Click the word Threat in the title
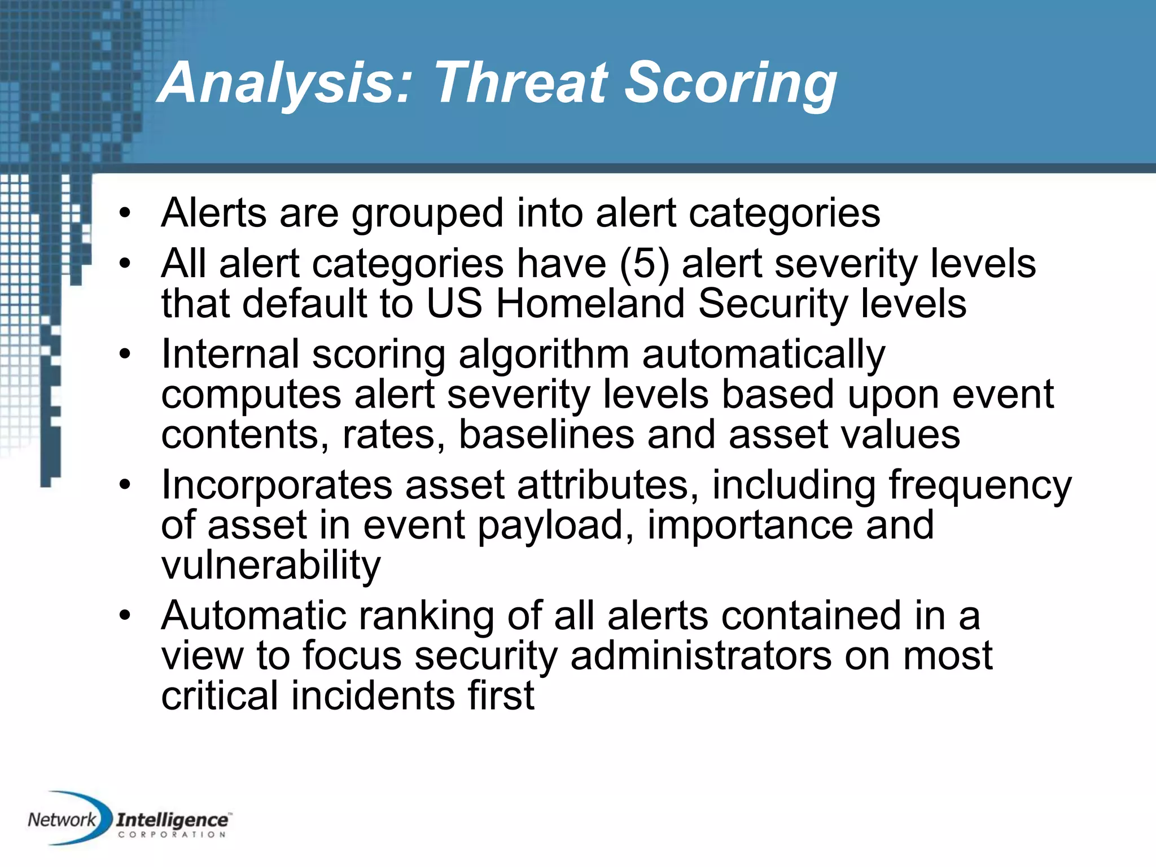click(x=520, y=83)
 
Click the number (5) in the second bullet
click(x=644, y=264)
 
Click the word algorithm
click(x=544, y=354)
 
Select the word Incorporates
click(x=277, y=485)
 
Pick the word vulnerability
click(x=271, y=566)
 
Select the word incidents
click(x=373, y=695)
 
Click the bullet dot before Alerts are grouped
click(x=125, y=214)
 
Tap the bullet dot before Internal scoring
click(x=125, y=355)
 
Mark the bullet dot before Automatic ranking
click(x=125, y=616)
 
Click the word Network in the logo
click(x=62, y=820)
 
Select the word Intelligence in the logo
click(x=172, y=820)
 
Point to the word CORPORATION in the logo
click(x=172, y=834)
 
